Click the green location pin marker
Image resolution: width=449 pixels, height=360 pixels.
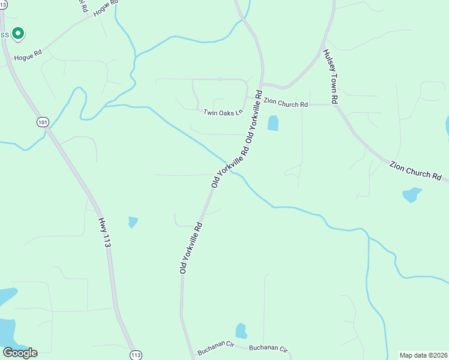tap(18, 33)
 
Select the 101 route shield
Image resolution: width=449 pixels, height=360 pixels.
tap(42, 122)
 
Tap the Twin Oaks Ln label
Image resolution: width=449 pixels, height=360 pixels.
tap(222, 112)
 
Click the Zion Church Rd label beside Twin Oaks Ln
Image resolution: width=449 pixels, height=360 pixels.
tap(286, 104)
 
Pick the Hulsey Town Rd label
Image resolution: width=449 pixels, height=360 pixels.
tap(331, 77)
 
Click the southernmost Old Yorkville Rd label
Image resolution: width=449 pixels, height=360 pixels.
tap(191, 247)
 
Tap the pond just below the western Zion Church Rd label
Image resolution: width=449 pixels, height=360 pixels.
tap(273, 123)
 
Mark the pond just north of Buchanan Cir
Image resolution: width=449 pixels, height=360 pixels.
tap(241, 331)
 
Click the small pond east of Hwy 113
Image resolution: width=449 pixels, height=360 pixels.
tap(133, 222)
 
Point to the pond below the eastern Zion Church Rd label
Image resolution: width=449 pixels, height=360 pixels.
tap(411, 195)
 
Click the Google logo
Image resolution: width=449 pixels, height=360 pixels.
tap(20, 353)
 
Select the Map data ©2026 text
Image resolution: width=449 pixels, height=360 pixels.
tap(424, 355)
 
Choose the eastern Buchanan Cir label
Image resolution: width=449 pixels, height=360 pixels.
tap(269, 348)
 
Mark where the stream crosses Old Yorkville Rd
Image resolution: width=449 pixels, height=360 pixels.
tap(231, 171)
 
